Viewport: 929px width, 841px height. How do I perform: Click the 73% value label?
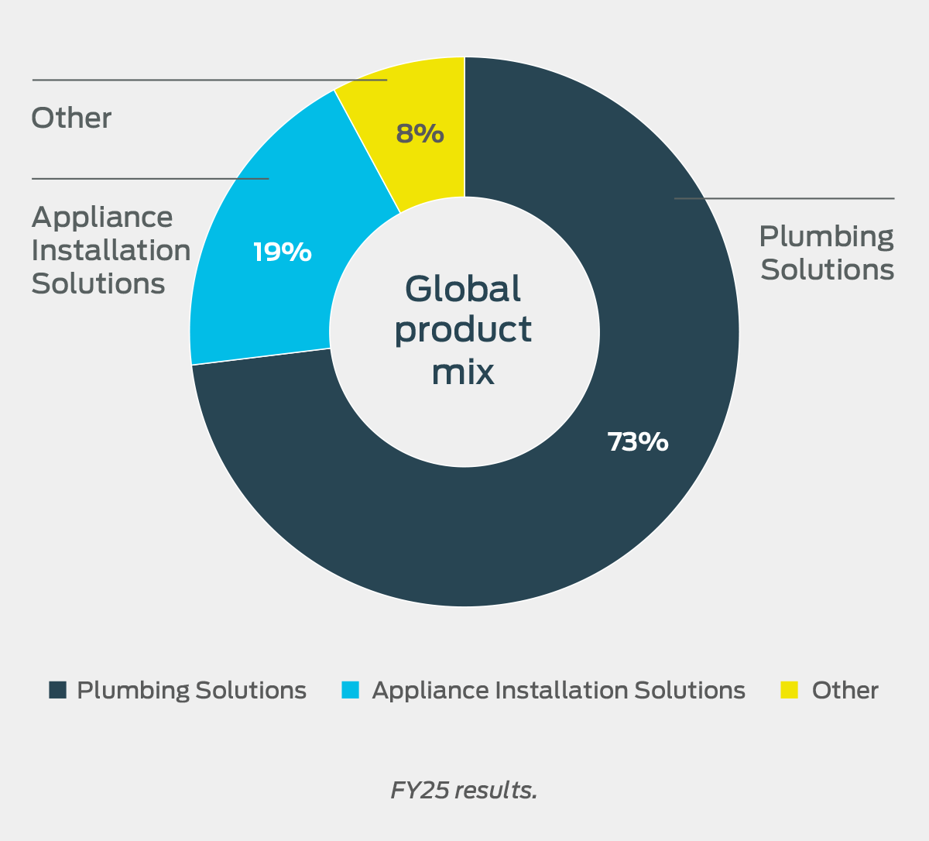[637, 441]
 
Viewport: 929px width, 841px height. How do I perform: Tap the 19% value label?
[283, 252]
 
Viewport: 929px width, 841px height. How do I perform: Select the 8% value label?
[420, 134]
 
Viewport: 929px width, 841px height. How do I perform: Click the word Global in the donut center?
[463, 289]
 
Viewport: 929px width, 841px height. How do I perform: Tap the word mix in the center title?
[463, 372]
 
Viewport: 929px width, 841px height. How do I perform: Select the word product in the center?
[463, 330]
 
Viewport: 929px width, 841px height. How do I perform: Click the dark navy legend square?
[57, 690]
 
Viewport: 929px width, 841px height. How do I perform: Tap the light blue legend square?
[351, 690]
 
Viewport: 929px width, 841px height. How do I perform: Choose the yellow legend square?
[789, 690]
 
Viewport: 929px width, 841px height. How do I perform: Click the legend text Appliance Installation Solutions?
[558, 690]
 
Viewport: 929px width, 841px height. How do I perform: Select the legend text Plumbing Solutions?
[191, 690]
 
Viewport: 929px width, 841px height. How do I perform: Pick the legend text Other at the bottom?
[845, 690]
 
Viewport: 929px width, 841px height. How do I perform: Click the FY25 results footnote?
[464, 790]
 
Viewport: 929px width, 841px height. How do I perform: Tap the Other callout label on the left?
[71, 118]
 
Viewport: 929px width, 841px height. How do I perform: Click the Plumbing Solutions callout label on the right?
[826, 253]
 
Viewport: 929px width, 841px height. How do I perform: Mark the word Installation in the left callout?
[111, 251]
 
